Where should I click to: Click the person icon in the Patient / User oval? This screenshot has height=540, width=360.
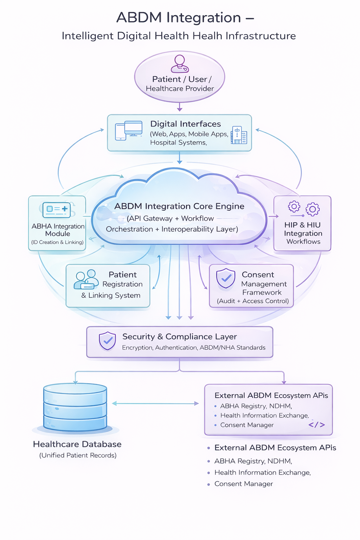(180, 64)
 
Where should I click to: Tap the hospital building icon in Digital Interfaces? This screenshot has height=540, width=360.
(239, 135)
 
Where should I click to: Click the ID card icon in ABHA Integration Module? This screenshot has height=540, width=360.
(57, 210)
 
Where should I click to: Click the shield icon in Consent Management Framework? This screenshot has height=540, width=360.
(225, 278)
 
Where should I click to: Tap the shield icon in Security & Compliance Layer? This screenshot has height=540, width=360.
(108, 341)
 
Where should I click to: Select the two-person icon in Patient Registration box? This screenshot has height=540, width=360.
(86, 279)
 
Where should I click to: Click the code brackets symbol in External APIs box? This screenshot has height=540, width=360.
(316, 425)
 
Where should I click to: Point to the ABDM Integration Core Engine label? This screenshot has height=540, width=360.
(179, 206)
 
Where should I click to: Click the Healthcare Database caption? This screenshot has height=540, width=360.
(77, 444)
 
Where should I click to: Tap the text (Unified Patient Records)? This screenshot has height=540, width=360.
(78, 455)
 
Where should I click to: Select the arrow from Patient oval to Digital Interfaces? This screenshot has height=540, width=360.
(180, 107)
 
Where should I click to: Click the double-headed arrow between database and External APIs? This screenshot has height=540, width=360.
(155, 403)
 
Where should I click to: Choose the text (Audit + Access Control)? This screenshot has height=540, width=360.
(253, 301)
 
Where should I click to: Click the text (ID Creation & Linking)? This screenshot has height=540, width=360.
(57, 242)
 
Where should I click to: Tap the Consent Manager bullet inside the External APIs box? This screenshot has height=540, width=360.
(247, 425)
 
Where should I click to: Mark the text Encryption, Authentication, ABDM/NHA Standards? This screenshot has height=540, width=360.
(194, 348)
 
